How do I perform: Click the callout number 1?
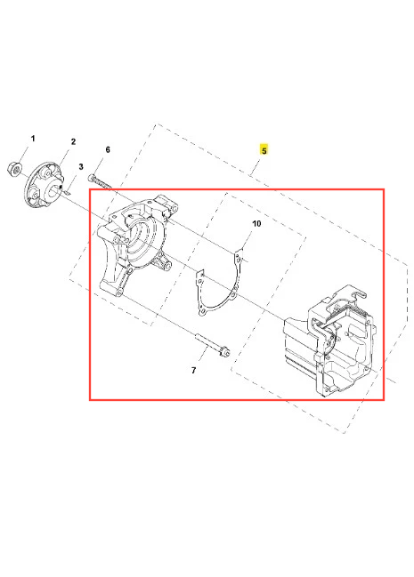(33, 139)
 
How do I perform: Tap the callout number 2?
(73, 141)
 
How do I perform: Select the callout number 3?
(81, 166)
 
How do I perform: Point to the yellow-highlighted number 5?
(264, 150)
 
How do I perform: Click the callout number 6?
(108, 149)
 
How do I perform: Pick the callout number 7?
(194, 370)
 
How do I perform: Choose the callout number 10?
(256, 223)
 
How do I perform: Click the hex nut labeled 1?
(13, 169)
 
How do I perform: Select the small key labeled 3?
(67, 191)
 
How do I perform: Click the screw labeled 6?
(100, 181)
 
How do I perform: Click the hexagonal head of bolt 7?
(223, 352)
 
